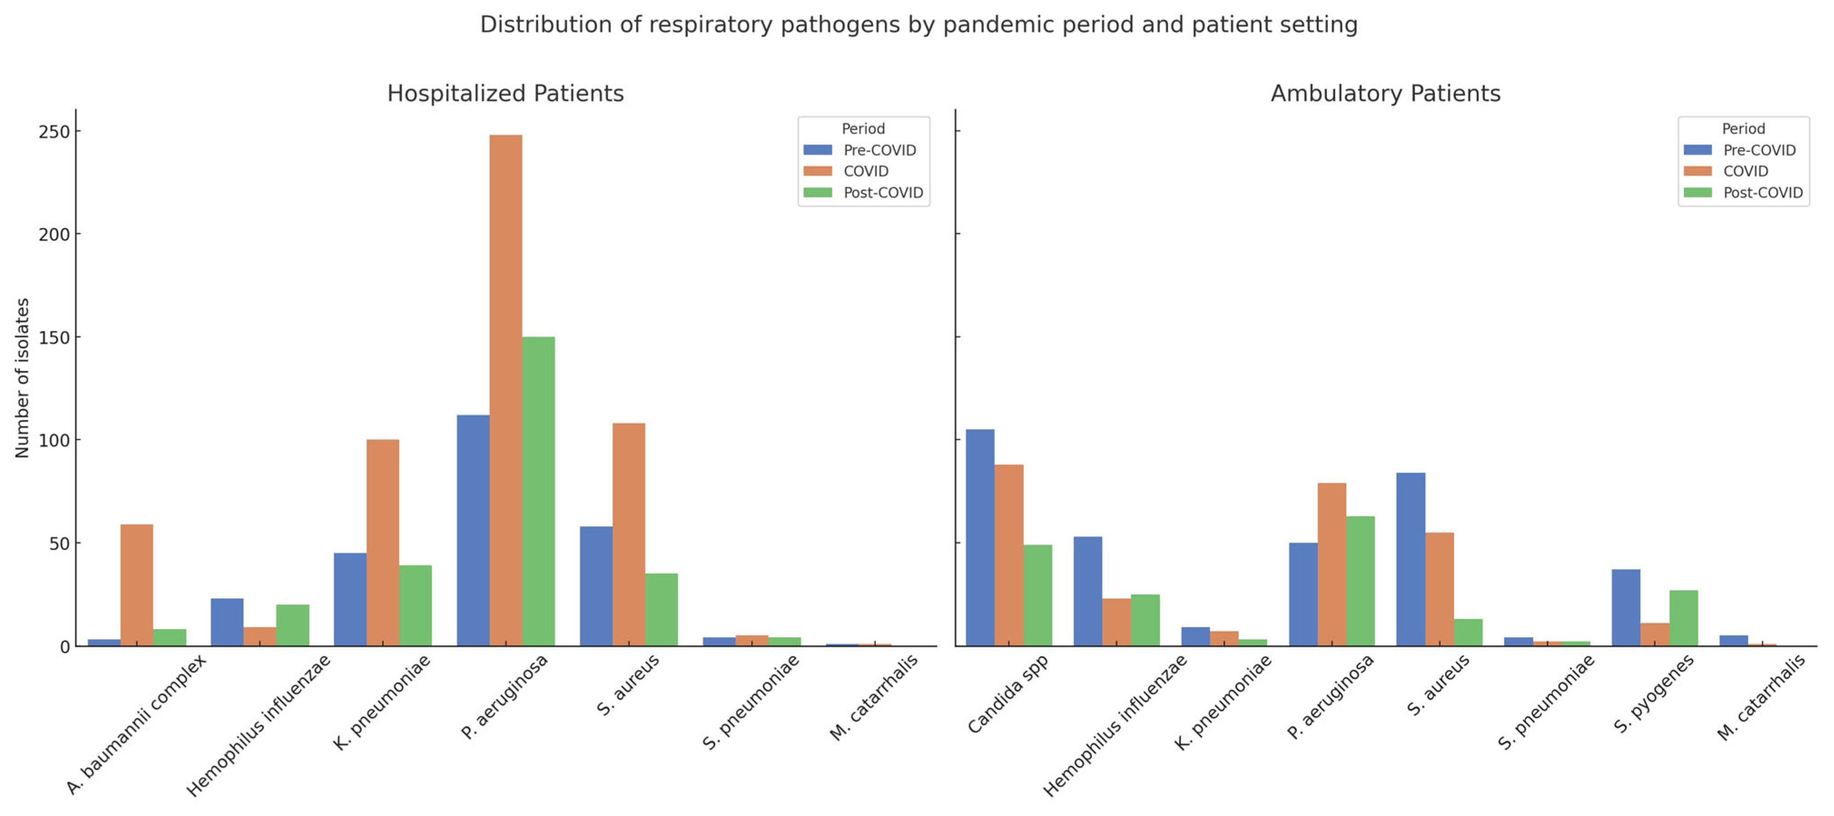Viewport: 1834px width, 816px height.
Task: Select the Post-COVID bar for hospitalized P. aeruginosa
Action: [x=538, y=492]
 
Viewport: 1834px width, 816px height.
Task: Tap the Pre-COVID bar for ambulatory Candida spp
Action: [x=980, y=538]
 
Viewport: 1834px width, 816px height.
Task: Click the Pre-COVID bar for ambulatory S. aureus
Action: [x=1411, y=559]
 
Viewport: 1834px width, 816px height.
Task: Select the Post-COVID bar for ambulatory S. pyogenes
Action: [x=1683, y=618]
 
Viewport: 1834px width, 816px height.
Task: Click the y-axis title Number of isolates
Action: [x=22, y=378]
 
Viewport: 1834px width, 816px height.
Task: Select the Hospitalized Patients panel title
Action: [x=506, y=93]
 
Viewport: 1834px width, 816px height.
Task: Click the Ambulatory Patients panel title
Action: [x=1386, y=93]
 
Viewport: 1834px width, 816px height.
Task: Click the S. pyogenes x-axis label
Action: [x=1653, y=694]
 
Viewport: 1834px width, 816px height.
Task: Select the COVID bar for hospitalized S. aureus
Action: [x=629, y=534]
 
